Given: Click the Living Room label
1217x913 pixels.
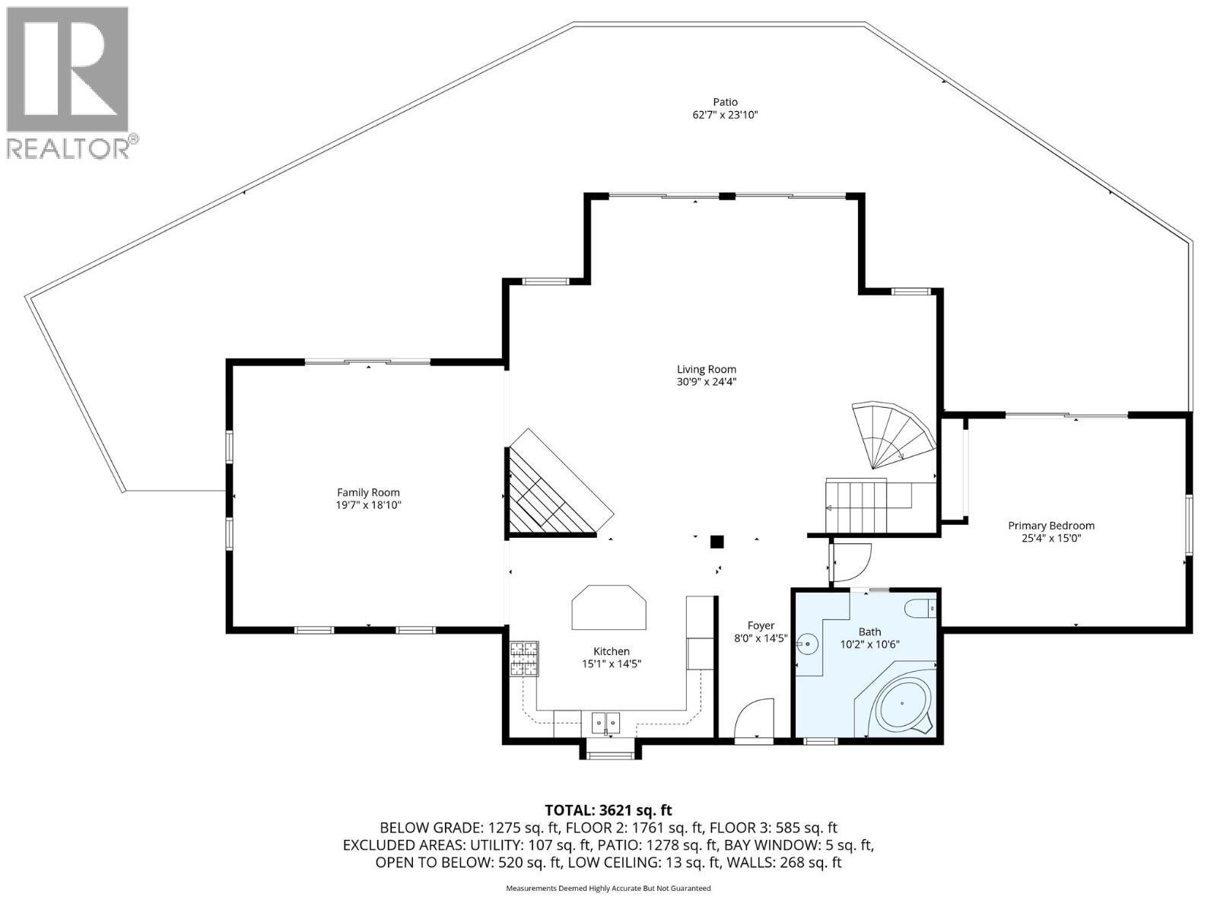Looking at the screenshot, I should [x=707, y=370].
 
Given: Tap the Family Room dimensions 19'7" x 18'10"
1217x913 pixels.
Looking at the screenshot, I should [x=368, y=505].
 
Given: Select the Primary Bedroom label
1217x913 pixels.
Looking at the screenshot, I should [x=1051, y=526].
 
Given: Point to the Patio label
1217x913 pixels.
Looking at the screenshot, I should [x=725, y=102].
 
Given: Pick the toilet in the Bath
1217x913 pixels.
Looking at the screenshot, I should [x=923, y=609].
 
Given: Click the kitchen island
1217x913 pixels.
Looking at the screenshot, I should [x=609, y=607].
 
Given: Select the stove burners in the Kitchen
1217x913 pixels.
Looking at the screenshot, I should [x=523, y=659].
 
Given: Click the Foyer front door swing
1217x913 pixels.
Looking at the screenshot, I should [x=756, y=720].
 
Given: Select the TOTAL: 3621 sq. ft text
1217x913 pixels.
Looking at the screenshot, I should [x=608, y=810].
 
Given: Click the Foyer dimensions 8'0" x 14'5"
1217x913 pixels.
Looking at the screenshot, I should [x=761, y=639].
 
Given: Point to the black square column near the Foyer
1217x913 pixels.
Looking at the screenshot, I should [x=717, y=542].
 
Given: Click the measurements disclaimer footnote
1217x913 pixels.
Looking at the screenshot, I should [x=608, y=888].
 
